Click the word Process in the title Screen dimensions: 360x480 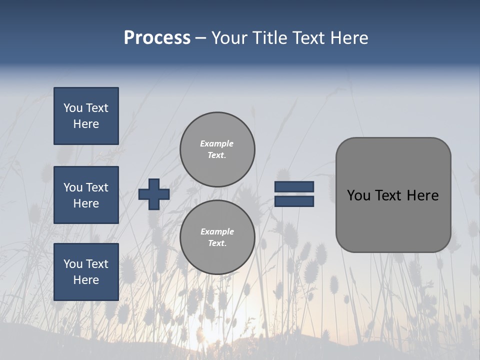pyautogui.click(x=157, y=38)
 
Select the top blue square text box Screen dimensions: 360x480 pyautogui.click(x=86, y=116)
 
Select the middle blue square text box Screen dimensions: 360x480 pyautogui.click(x=86, y=195)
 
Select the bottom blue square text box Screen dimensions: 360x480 pyautogui.click(x=86, y=272)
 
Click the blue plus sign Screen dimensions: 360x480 pyautogui.click(x=154, y=194)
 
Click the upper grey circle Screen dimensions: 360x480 pyautogui.click(x=217, y=149)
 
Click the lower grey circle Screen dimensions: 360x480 pyautogui.click(x=217, y=237)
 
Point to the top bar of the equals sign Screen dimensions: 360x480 pyautogui.click(x=294, y=186)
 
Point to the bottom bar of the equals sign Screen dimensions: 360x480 pyautogui.click(x=294, y=201)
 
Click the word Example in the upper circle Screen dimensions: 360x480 pyautogui.click(x=216, y=143)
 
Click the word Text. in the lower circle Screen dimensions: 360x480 pyautogui.click(x=217, y=243)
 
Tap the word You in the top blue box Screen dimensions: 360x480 pyautogui.click(x=73, y=108)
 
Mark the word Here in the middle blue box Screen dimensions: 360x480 pyautogui.click(x=86, y=203)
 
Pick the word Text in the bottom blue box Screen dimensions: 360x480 pyautogui.click(x=96, y=264)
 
